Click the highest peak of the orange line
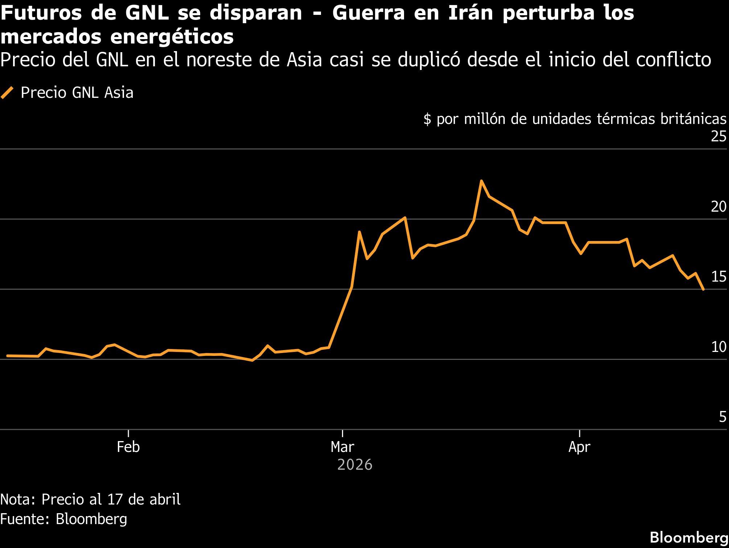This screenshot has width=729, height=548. (x=481, y=181)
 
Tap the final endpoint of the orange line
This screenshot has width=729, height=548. (x=703, y=289)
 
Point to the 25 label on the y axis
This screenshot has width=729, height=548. (x=719, y=136)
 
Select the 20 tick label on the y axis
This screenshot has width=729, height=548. (x=718, y=207)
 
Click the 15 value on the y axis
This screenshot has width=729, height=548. (x=718, y=277)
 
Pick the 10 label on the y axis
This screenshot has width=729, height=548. (x=718, y=347)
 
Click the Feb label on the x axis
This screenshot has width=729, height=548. (x=128, y=447)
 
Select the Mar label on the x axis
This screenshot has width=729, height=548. (x=342, y=447)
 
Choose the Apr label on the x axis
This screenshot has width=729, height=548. (x=579, y=447)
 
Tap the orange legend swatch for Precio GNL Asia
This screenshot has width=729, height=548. (x=7, y=93)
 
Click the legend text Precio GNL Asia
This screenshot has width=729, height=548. (x=77, y=93)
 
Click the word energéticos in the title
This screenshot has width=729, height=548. (x=172, y=37)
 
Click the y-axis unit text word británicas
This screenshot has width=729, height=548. (x=693, y=119)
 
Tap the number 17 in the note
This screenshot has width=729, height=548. (x=115, y=499)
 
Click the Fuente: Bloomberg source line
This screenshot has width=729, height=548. (x=63, y=519)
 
